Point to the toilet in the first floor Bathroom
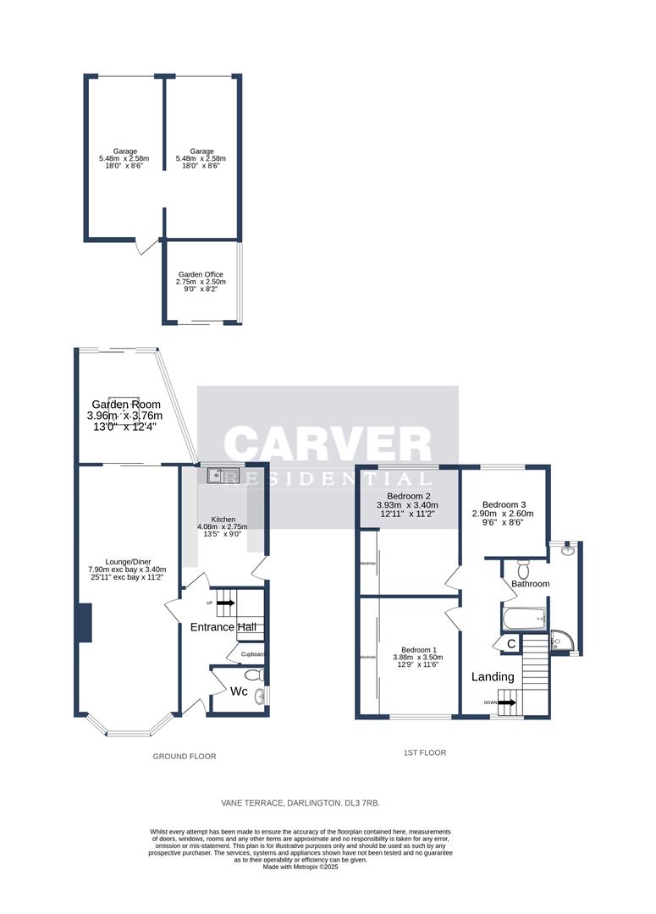click(522, 566)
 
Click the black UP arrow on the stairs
click(225, 603)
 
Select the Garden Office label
click(201, 274)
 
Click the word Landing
click(493, 677)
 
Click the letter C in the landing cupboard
click(511, 645)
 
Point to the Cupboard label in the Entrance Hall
click(253, 654)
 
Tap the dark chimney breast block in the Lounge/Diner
click(83, 624)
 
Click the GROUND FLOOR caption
click(184, 756)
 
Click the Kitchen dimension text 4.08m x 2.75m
click(222, 527)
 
